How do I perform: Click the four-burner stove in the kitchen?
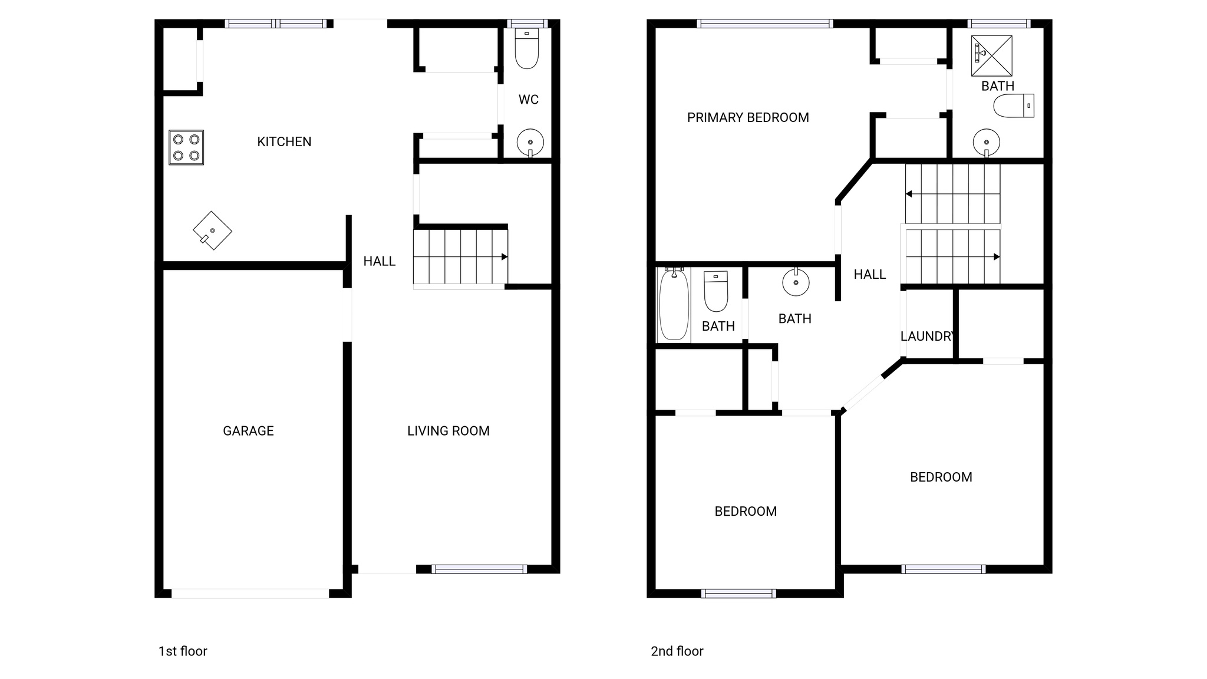click(x=186, y=147)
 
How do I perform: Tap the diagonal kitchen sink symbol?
click(x=212, y=230)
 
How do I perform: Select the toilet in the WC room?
click(x=527, y=49)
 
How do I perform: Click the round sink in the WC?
click(x=530, y=142)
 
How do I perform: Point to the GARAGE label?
click(x=248, y=431)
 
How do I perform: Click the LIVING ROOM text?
click(x=448, y=431)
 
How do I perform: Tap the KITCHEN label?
click(x=284, y=141)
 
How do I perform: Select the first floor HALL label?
click(x=379, y=261)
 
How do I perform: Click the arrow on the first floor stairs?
click(x=504, y=257)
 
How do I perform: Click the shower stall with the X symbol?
click(x=992, y=55)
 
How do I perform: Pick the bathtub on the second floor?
click(x=674, y=304)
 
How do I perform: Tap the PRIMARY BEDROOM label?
click(x=747, y=117)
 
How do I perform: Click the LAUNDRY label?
click(x=927, y=336)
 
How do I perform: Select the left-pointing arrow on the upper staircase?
click(x=909, y=194)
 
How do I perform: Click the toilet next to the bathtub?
click(x=716, y=291)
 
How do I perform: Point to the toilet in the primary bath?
click(x=1013, y=106)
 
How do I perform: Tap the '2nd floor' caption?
click(x=677, y=651)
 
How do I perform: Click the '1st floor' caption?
click(x=183, y=651)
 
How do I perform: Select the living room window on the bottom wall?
click(x=479, y=569)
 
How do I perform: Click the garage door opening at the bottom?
click(x=250, y=594)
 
